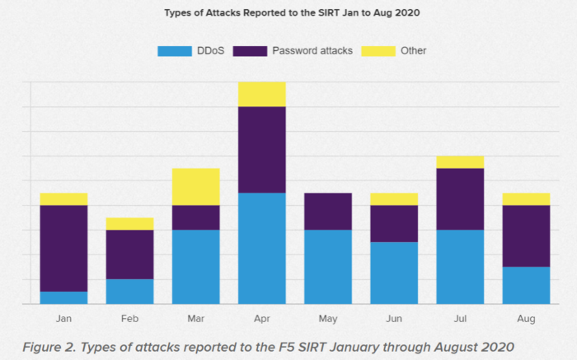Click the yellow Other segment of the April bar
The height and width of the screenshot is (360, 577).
tap(262, 94)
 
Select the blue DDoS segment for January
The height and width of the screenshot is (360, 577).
tap(63, 297)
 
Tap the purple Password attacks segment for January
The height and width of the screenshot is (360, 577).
tap(63, 248)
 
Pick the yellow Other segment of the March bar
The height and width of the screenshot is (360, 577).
tap(196, 186)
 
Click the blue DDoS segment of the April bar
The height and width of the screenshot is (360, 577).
tap(262, 248)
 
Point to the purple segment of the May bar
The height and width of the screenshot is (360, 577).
tap(328, 211)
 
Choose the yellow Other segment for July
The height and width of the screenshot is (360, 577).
tap(460, 161)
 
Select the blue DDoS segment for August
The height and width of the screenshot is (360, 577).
tap(526, 285)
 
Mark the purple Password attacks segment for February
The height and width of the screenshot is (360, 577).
tap(129, 255)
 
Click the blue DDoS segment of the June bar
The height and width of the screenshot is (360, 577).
tap(394, 273)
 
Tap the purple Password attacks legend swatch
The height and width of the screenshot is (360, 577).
tap(250, 51)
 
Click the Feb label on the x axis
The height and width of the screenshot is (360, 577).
tap(129, 319)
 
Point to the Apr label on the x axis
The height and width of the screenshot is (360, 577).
tap(262, 319)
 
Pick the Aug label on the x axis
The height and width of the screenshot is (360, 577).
tap(526, 319)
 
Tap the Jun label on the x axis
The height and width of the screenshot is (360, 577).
tap(394, 319)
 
